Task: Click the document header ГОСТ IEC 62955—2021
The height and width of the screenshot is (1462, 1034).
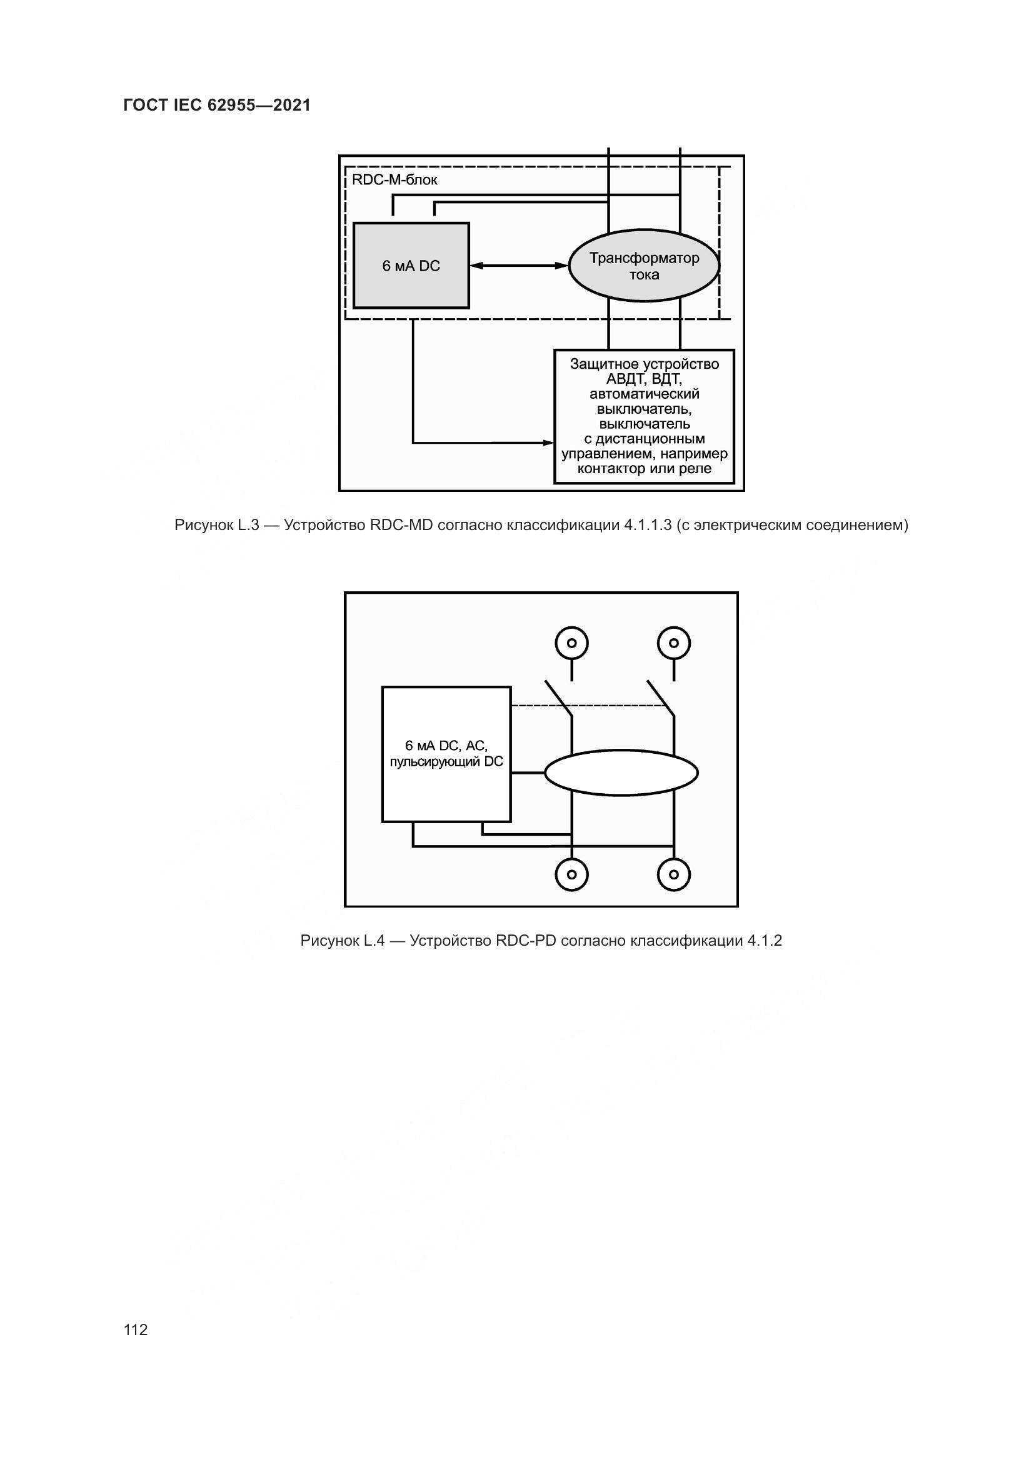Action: pos(217,105)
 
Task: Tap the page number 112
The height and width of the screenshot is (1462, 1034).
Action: pos(136,1329)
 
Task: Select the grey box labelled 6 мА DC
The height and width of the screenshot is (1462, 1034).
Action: pos(411,266)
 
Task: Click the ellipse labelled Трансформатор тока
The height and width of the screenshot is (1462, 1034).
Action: pos(644,266)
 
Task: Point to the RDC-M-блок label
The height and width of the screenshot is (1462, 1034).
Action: pos(394,180)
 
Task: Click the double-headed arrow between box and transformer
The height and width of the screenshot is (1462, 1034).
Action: pos(518,266)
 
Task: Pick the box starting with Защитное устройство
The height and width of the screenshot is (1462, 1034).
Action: pos(644,416)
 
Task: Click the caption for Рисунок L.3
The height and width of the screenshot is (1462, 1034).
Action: pos(541,525)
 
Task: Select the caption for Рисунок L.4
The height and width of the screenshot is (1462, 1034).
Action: pos(541,941)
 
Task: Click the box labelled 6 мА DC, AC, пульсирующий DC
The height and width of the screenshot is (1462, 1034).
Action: pos(446,754)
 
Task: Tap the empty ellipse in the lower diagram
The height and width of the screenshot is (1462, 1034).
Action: pos(621,773)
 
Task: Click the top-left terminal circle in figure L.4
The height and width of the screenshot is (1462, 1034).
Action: pos(572,643)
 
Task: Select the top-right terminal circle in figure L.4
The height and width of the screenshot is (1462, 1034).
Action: pos(674,643)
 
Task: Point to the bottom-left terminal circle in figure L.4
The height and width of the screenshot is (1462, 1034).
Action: pos(572,874)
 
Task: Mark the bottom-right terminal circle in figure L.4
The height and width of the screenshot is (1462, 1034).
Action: pos(674,874)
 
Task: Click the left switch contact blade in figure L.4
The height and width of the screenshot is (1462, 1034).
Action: pos(558,699)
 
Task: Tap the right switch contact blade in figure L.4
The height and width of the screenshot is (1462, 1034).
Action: pos(660,699)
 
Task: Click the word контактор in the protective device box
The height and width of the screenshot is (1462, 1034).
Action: pos(611,469)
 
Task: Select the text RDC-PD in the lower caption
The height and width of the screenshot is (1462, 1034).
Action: pos(526,941)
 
